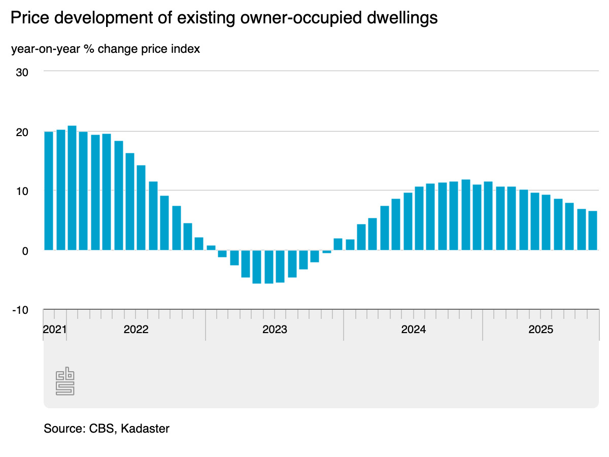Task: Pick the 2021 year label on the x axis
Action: coord(55,329)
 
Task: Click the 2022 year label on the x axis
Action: coord(136,329)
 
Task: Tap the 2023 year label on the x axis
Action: coord(275,329)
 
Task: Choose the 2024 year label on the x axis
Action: coord(413,329)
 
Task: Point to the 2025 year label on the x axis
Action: coord(541,329)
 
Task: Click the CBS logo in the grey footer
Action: coord(65,382)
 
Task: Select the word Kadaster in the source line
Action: coord(146,429)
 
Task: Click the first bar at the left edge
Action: coord(49,191)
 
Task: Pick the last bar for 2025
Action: coord(592,231)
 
